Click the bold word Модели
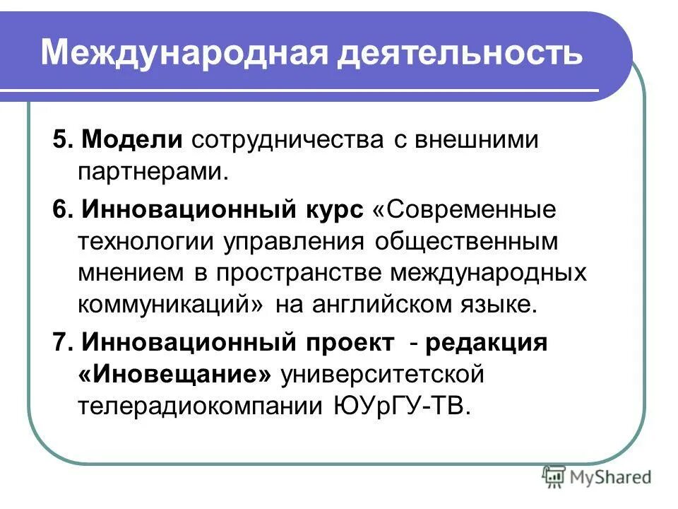[x=132, y=140]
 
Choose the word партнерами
[x=153, y=172]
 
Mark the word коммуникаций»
[x=169, y=305]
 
